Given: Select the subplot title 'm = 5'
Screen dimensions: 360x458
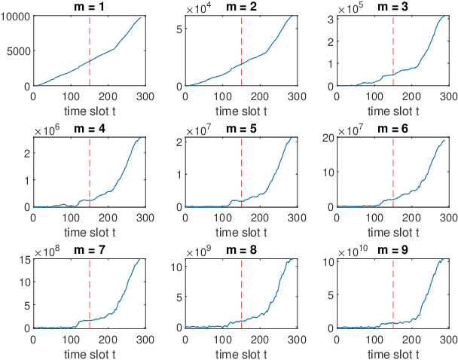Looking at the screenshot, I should (242, 128).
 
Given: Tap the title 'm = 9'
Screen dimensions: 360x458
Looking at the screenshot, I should (394, 249).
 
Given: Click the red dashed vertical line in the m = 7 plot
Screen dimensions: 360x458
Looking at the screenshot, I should (90, 294).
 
